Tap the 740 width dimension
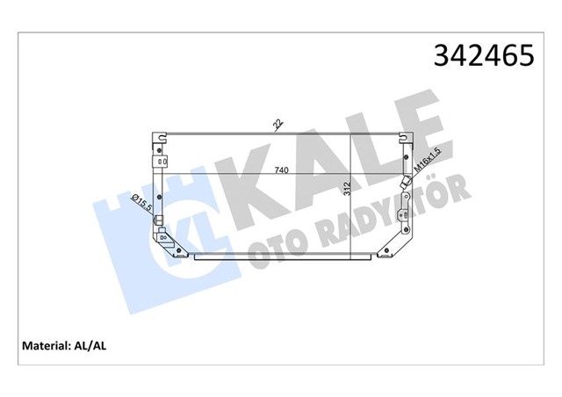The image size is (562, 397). [280, 169]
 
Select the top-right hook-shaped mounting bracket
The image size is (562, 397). [405, 138]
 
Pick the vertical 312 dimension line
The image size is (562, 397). [352, 193]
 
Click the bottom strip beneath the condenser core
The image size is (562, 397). [281, 257]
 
